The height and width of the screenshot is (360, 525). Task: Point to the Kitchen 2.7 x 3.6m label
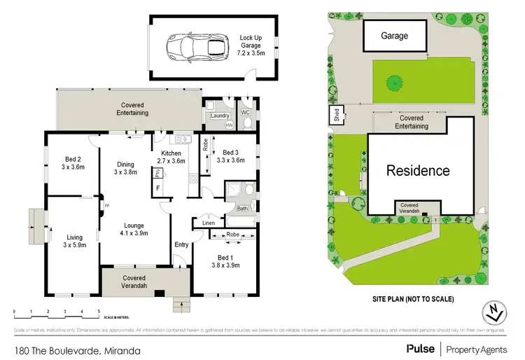(172, 157)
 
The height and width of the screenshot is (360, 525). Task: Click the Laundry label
(220, 115)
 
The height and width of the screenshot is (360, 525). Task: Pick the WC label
(246, 111)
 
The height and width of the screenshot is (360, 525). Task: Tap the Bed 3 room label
(232, 155)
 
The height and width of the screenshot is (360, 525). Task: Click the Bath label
(242, 208)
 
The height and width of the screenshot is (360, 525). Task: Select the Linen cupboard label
(209, 223)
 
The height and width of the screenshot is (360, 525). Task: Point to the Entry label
(181, 244)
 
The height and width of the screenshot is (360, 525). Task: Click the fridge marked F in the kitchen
(158, 188)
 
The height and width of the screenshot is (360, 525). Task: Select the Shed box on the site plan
(336, 116)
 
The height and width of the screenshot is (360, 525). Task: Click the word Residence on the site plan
(419, 170)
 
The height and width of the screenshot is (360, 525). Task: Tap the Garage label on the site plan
(394, 34)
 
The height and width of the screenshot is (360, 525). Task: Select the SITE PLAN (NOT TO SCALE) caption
(413, 299)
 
